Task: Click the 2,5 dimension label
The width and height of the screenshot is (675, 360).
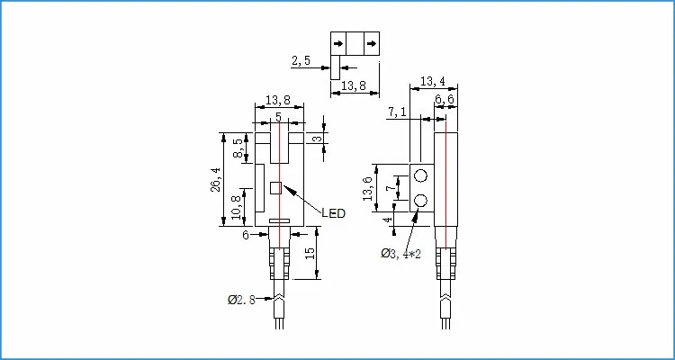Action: coord(301,62)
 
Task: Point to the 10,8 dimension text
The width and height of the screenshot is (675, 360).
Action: coord(237,207)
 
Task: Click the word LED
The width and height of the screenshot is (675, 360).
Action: coord(334,213)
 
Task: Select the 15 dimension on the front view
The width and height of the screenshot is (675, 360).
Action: coord(310,256)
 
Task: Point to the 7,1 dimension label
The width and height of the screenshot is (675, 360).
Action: coord(398,112)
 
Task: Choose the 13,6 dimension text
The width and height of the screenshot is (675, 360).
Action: coord(367,189)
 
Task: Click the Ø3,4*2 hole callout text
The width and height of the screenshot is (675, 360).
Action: coord(402,254)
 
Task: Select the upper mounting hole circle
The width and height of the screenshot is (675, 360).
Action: coord(421,177)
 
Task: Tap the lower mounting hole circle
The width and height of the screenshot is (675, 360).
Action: coord(421,200)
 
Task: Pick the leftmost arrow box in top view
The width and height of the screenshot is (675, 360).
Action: coord(338,43)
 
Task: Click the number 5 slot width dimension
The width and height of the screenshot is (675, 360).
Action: coord(278,116)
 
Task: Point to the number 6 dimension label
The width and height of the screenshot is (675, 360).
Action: coord(245,235)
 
